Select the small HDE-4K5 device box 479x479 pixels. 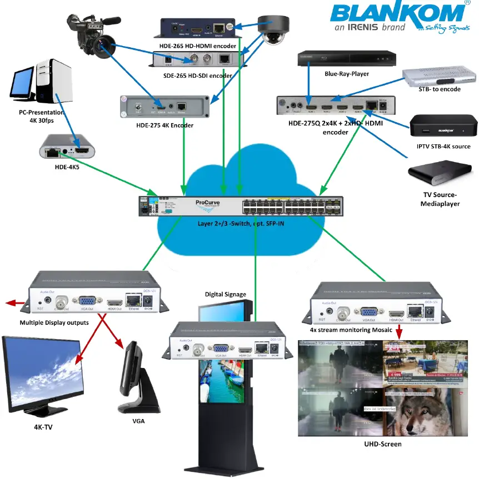click(66, 148)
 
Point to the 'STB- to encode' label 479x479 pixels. click(439, 89)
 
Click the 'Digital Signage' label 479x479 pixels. click(225, 294)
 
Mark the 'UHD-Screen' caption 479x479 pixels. click(382, 444)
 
